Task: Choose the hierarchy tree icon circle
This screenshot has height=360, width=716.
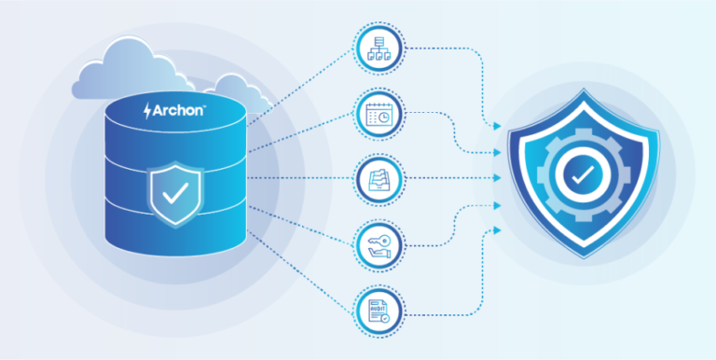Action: [x=379, y=48]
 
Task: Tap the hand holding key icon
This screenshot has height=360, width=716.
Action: [x=379, y=245]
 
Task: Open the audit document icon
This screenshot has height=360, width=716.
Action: [x=379, y=309]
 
